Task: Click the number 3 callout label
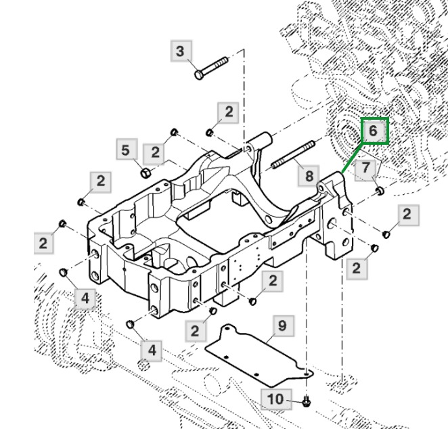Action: [180, 51]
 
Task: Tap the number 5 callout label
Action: [125, 150]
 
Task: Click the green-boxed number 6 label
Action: [376, 131]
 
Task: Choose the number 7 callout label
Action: [366, 167]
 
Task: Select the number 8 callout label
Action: [309, 176]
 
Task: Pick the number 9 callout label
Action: [283, 326]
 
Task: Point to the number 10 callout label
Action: [275, 399]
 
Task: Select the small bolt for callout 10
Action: [307, 402]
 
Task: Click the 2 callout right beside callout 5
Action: [155, 152]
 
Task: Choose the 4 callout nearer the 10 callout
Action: [152, 350]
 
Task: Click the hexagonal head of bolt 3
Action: [198, 74]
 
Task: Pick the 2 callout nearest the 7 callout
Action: [406, 215]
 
